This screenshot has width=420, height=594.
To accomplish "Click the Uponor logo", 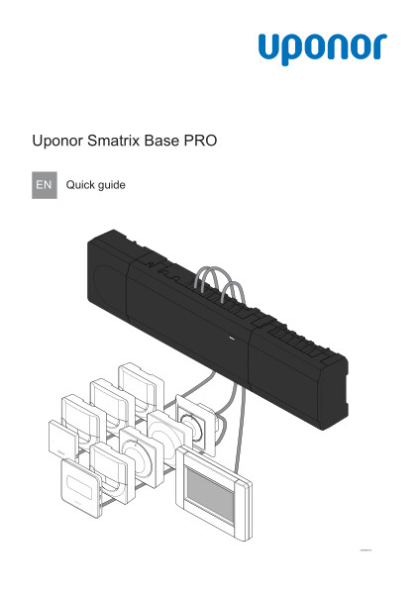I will pos(322,48).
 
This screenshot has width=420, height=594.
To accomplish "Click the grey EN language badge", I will pos(45,184).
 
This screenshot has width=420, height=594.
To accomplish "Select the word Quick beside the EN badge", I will pos(80,184).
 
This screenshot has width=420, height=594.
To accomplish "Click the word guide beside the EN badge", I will pos(112,185).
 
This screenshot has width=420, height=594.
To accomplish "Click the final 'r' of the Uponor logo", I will pos(378,47).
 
